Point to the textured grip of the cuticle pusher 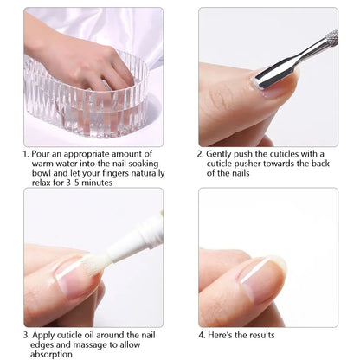tap(331, 37)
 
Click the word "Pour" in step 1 tap(41, 154)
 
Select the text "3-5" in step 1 tap(73, 183)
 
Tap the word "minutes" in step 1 tap(97, 183)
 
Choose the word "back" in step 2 tap(320, 164)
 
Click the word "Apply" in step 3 tap(43, 336)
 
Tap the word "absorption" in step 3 tap(51, 355)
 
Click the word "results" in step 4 tap(262, 335)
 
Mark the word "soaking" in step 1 tap(144, 164)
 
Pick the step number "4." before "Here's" tap(202, 335)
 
